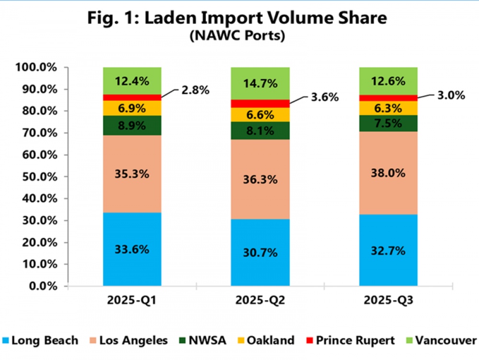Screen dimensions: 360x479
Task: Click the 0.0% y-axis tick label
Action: click(x=43, y=286)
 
